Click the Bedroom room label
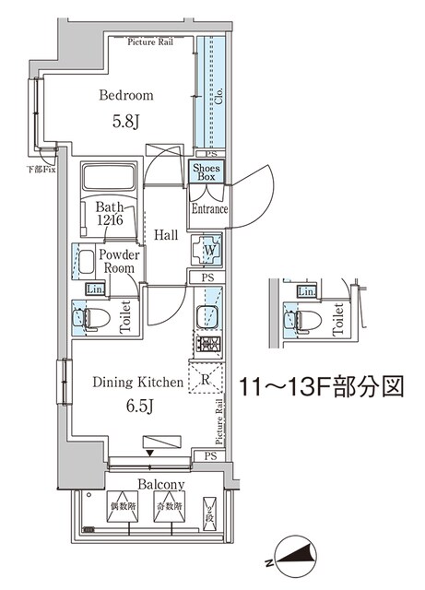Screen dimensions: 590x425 [127, 95]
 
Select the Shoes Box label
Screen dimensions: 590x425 [206, 171]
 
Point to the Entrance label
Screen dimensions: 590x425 [209, 210]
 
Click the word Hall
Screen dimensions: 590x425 [166, 236]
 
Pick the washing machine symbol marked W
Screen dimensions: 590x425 [207, 249]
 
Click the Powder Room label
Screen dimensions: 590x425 [121, 261]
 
